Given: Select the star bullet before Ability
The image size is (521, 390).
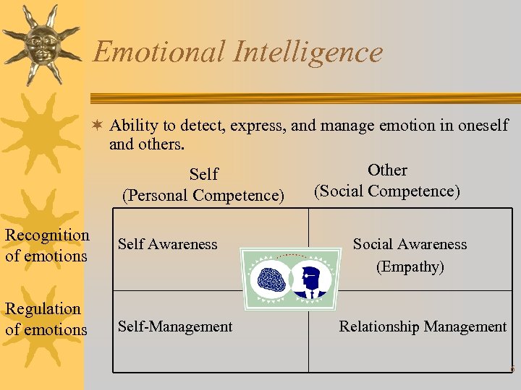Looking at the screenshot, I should (97, 126).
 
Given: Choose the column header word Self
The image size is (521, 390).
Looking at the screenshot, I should (203, 174).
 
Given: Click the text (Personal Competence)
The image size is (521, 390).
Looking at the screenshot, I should (203, 195).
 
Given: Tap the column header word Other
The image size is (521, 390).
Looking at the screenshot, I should (387, 170).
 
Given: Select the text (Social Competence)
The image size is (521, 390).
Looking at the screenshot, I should (386, 191).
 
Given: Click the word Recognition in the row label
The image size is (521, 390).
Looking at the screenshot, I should (47, 235).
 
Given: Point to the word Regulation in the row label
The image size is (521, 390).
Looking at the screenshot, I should (43, 309).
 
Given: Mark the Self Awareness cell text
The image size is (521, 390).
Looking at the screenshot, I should (167, 244).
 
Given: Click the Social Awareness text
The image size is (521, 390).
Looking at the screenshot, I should (410, 244).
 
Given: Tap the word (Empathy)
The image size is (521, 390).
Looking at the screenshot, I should (410, 266).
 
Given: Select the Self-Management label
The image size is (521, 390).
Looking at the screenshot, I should (175, 326).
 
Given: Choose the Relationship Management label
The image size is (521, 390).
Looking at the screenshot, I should (423, 326).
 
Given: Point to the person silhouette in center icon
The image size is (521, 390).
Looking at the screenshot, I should (312, 280).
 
